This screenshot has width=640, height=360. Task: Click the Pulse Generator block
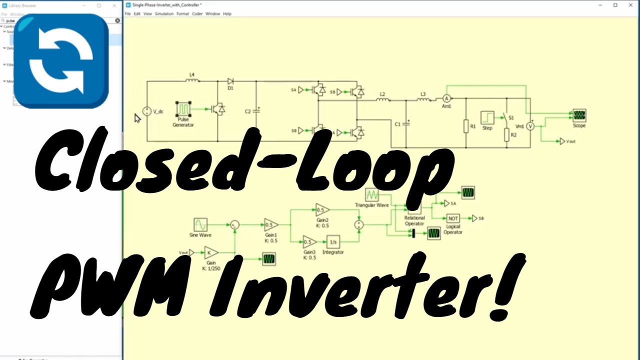coord(183,108)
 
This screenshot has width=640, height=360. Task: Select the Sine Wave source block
coord(200,224)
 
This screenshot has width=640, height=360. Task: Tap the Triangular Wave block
coord(371,194)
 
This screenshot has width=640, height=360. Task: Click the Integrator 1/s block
coord(333,242)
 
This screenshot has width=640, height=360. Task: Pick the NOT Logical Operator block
coord(453,218)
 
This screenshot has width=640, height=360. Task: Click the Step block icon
coord(487,117)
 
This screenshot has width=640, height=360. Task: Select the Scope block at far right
coord(579,115)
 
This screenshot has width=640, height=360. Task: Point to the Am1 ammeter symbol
coord(447,98)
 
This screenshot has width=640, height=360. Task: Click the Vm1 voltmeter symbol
coord(530,126)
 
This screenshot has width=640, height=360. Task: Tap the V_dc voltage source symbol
coord(147,111)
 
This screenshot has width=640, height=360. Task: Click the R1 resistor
coord(466,126)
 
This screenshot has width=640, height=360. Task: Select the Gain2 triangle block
coord(321,210)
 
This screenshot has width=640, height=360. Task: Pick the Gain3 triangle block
coord(309,242)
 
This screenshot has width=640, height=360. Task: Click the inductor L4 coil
coord(192,80)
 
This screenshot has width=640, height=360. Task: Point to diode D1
coord(230,81)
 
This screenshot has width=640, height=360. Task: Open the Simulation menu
coord(164,14)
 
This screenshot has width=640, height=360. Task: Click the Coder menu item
coord(197,14)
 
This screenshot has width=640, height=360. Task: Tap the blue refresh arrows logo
coord(61,61)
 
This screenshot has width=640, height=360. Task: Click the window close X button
coord(629,5)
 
